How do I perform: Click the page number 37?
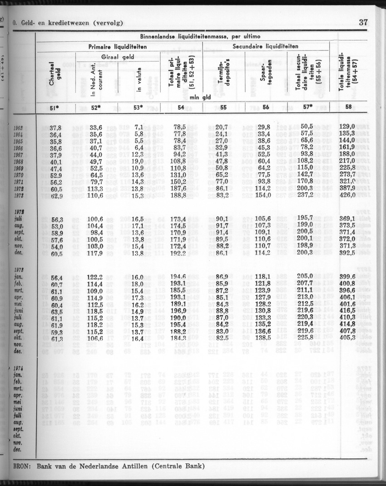[363, 22]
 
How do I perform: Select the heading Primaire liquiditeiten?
[119, 46]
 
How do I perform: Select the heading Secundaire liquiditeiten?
[265, 46]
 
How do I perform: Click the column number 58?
[348, 107]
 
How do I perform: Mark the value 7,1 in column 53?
[139, 127]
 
